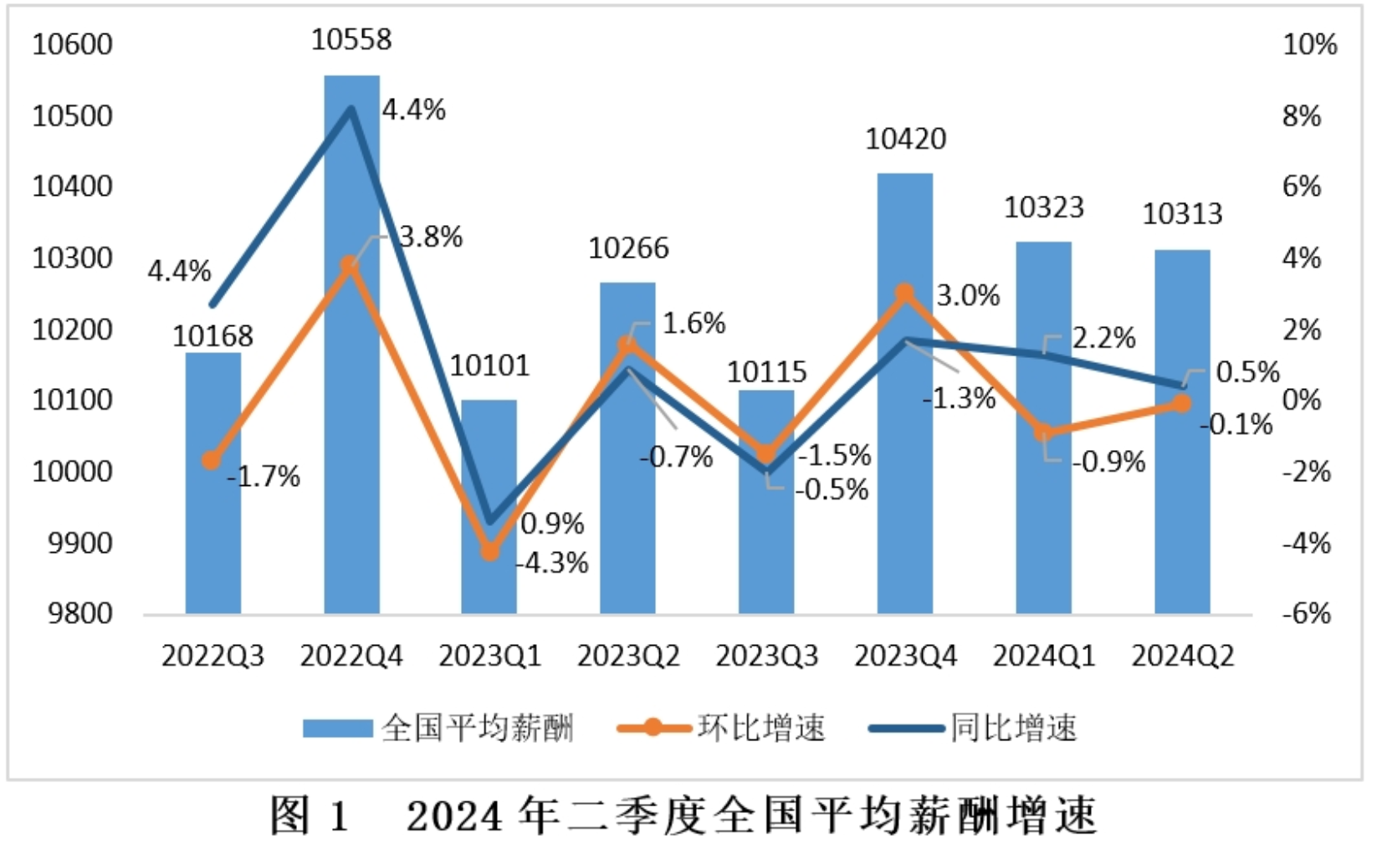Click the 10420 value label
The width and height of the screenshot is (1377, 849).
pyautogui.click(x=905, y=139)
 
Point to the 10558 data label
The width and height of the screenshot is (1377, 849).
pyautogui.click(x=351, y=39)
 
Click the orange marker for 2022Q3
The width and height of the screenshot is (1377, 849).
pyautogui.click(x=212, y=460)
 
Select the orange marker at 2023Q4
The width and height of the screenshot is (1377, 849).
pyautogui.click(x=904, y=293)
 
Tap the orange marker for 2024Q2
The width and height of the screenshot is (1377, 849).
pyautogui.click(x=1181, y=403)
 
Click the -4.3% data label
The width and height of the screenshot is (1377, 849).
pyautogui.click(x=552, y=563)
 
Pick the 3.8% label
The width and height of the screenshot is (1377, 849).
pyautogui.click(x=431, y=238)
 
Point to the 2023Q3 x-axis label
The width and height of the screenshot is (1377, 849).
pyautogui.click(x=766, y=656)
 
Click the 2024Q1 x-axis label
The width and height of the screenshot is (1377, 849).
pyautogui.click(x=1043, y=656)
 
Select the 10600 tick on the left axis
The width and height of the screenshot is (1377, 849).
pyautogui.click(x=72, y=44)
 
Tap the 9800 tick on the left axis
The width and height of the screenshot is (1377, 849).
pyautogui.click(x=80, y=614)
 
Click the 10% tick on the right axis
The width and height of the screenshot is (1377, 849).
pyautogui.click(x=1309, y=44)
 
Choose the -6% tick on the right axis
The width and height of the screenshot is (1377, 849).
pyautogui.click(x=1306, y=614)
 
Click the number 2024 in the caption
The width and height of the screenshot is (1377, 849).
pyautogui.click(x=455, y=816)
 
